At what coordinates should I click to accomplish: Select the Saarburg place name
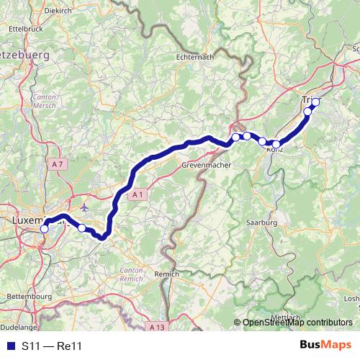tap(261, 223)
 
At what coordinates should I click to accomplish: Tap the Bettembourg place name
tap(26, 296)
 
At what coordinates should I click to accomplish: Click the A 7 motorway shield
tap(58, 164)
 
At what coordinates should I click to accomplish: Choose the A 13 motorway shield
tap(158, 328)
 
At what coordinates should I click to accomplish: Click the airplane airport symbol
tap(86, 207)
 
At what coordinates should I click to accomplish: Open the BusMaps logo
tap(325, 346)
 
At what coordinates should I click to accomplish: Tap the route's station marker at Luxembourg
tap(45, 228)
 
